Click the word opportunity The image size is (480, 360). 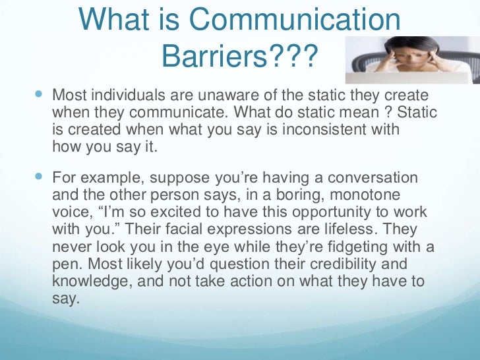click(x=333, y=213)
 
